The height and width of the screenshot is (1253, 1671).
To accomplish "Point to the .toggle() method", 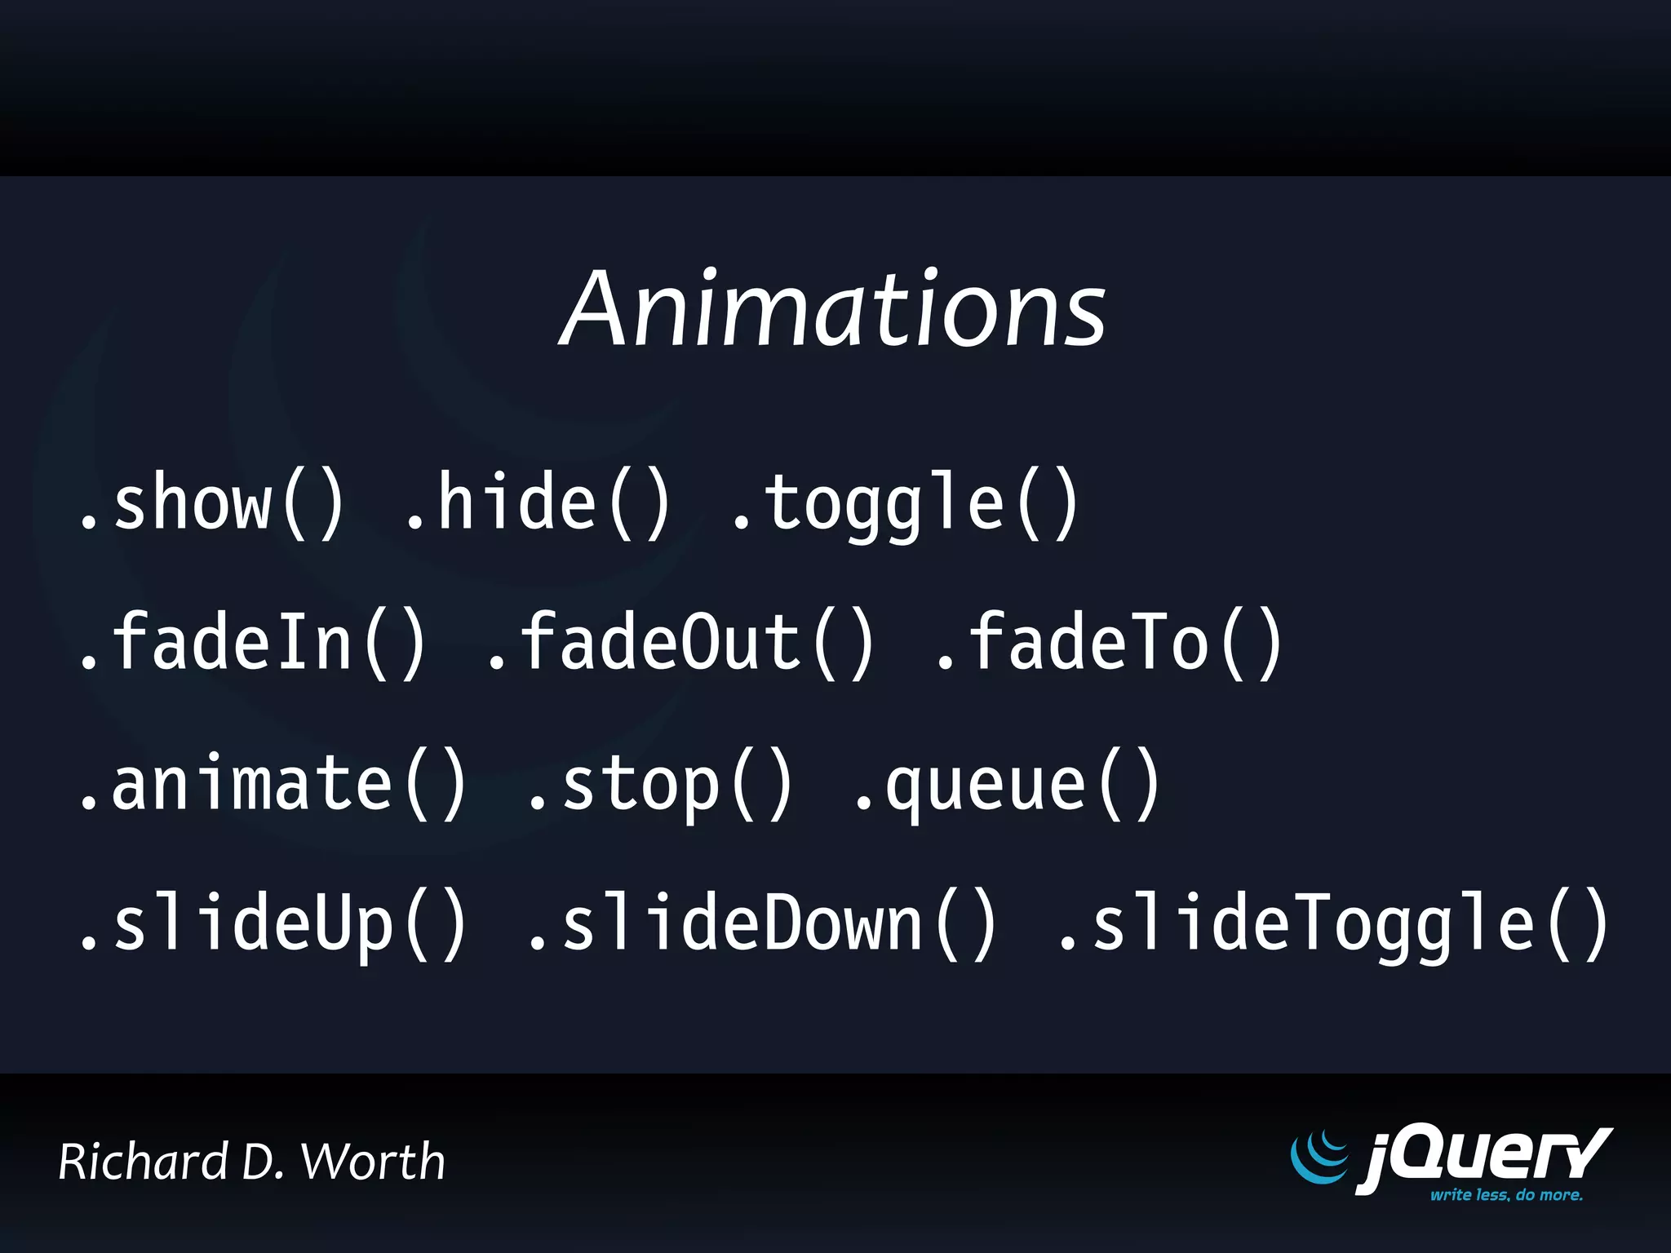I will tap(906, 506).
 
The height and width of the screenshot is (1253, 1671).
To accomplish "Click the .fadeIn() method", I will tap(253, 644).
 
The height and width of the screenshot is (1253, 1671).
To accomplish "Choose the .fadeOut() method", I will tap(681, 644).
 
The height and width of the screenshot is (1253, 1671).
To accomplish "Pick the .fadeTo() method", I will tap(1110, 644).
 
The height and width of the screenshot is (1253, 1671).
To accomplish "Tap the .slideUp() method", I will tap(273, 925).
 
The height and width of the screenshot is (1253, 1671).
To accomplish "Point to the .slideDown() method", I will tap(763, 925).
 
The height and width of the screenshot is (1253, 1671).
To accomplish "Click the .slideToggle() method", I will tap(1334, 925).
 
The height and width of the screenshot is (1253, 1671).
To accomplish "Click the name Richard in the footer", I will tap(144, 1162).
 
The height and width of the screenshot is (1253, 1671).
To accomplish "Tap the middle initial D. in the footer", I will tap(263, 1162).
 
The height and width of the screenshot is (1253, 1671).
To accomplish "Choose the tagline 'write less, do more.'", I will tap(1506, 1195).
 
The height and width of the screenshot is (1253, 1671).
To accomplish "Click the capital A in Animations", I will tap(602, 310).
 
